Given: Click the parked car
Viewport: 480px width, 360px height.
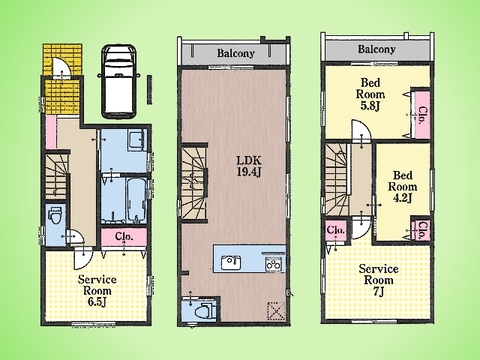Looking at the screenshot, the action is pyautogui.click(x=119, y=81).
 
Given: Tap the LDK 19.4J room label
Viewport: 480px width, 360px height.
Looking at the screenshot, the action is pyautogui.click(x=249, y=166).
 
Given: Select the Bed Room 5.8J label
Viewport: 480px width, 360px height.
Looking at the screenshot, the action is pyautogui.click(x=370, y=94).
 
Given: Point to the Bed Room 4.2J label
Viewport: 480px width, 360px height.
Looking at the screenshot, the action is pyautogui.click(x=402, y=187).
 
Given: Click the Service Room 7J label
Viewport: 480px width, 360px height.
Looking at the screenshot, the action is pyautogui.click(x=379, y=280).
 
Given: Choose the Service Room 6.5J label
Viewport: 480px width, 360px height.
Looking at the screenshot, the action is pyautogui.click(x=97, y=291).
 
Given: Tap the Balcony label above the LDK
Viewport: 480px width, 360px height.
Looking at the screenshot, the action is pyautogui.click(x=236, y=53).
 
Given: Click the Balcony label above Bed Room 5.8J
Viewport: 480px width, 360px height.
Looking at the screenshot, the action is pyautogui.click(x=377, y=49).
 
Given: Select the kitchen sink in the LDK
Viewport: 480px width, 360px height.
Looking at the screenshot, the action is pyautogui.click(x=231, y=263).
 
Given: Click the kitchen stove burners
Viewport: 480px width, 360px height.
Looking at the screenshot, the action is pyautogui.click(x=274, y=265).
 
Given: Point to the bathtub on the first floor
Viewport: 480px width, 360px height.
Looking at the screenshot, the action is pyautogui.click(x=136, y=199).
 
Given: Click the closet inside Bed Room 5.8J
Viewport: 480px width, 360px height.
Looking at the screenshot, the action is pyautogui.click(x=421, y=114).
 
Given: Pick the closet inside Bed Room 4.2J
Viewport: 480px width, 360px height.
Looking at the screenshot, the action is pyautogui.click(x=422, y=230).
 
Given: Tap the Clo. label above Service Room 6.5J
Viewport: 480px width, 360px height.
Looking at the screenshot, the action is pyautogui.click(x=124, y=236).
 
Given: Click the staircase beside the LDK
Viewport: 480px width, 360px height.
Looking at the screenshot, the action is pyautogui.click(x=193, y=183).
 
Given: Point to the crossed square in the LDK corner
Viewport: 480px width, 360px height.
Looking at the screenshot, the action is pyautogui.click(x=276, y=312).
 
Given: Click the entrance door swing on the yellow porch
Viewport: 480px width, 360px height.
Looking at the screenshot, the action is pyautogui.click(x=62, y=67).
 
